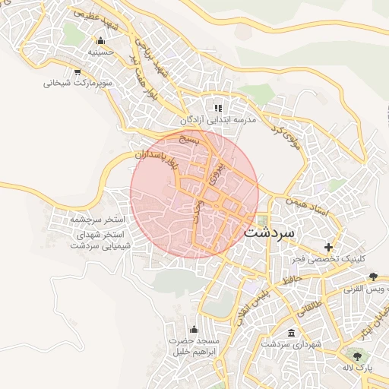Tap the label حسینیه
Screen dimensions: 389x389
[100, 53]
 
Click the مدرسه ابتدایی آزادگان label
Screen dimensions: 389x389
[219, 120]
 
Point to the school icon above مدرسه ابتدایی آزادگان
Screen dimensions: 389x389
[219, 108]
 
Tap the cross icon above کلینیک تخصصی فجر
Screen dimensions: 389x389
[328, 247]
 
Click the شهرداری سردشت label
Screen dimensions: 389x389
[293, 344]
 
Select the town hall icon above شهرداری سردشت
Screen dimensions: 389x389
[293, 333]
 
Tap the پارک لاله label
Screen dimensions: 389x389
[354, 368]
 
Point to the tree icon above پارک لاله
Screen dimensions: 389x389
[353, 355]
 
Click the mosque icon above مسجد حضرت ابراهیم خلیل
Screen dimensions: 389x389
[193, 328]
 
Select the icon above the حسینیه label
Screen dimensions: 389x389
[100, 40]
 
